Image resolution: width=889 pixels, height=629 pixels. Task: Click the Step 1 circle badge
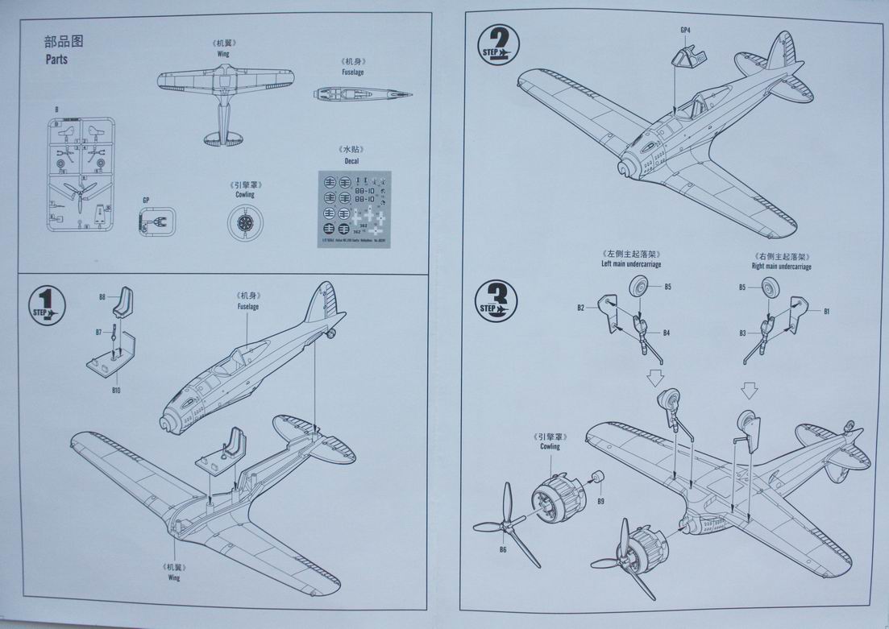pyautogui.click(x=47, y=305)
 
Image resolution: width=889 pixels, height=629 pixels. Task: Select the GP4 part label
pyautogui.click(x=685, y=31)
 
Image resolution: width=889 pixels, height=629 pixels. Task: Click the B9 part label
pyautogui.click(x=601, y=502)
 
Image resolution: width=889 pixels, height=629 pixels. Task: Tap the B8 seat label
pyautogui.click(x=102, y=297)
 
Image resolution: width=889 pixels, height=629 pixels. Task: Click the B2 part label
pyautogui.click(x=580, y=308)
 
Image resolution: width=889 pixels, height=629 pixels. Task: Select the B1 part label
pyautogui.click(x=826, y=310)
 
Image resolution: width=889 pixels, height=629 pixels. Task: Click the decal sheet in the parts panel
pyautogui.click(x=355, y=207)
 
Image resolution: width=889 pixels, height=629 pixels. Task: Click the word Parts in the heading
pyautogui.click(x=56, y=60)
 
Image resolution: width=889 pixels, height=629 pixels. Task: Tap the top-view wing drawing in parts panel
pyautogui.click(x=223, y=97)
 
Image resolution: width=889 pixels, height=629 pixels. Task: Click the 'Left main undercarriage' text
pyautogui.click(x=629, y=264)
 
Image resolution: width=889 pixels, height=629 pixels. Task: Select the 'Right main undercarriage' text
pyautogui.click(x=781, y=266)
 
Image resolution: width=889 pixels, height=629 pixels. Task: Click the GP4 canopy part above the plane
pyautogui.click(x=688, y=57)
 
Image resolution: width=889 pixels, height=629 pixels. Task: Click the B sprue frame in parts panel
pyautogui.click(x=80, y=175)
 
